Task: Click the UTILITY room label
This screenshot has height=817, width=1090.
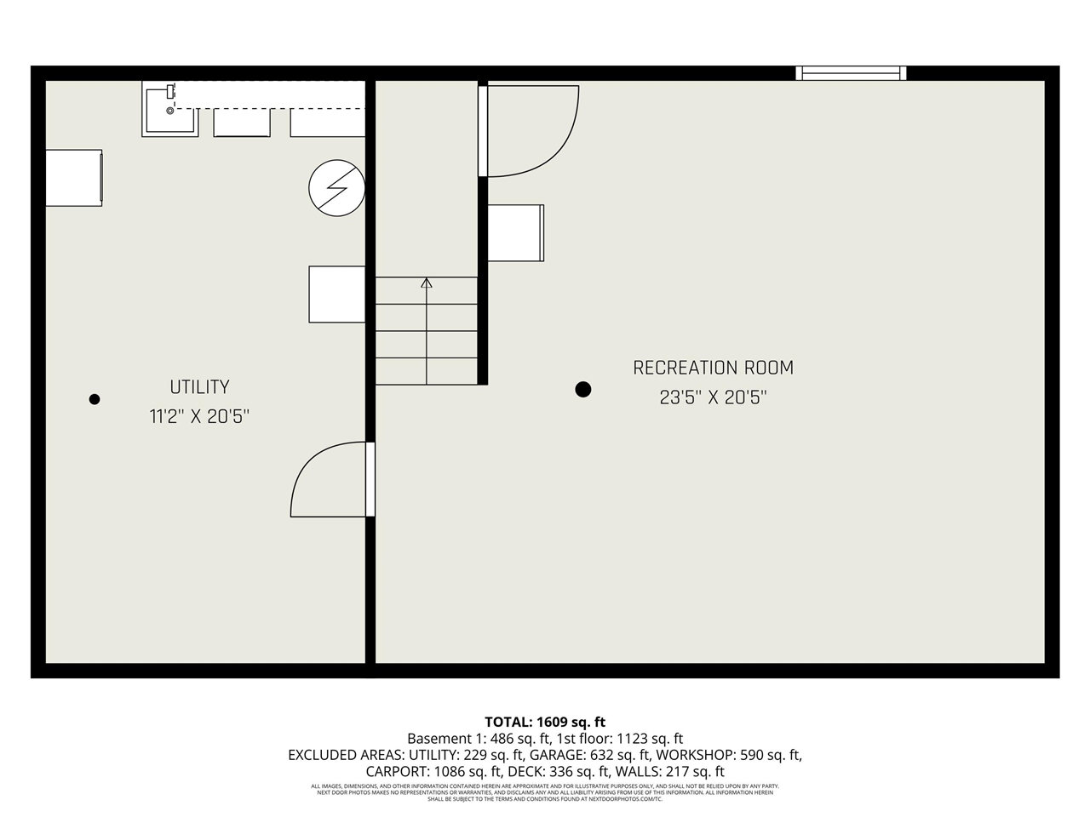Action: point(199,387)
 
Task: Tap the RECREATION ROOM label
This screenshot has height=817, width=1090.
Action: point(713,368)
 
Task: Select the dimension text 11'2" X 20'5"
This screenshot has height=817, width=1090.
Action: point(199,417)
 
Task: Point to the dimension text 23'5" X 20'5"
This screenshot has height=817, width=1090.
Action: point(713,397)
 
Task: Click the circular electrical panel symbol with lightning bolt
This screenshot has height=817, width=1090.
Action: point(336,188)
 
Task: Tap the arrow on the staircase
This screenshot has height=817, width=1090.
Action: point(427,283)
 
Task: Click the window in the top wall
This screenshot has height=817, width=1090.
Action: point(850,73)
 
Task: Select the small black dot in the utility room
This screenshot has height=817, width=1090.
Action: point(95,399)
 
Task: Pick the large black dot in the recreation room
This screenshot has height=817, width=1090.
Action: point(582,390)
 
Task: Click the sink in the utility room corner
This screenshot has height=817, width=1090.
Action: point(169,111)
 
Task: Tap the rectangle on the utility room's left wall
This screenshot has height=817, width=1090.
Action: point(74,177)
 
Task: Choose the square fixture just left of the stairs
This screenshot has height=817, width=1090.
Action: point(336,294)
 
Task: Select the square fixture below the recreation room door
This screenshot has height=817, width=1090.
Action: point(515,233)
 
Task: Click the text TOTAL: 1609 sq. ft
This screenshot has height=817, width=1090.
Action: point(545,723)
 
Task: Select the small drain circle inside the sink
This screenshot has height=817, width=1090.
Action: point(169,111)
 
